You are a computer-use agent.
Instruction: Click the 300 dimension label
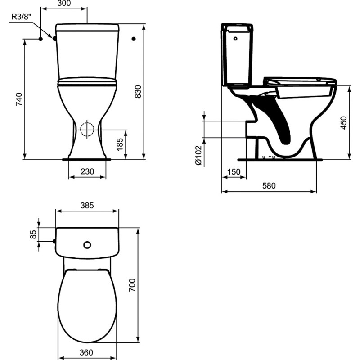click(x=64, y=4)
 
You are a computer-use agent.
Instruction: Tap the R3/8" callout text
click(x=21, y=17)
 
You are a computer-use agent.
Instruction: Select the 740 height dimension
click(x=19, y=99)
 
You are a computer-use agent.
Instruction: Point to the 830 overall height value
click(x=138, y=92)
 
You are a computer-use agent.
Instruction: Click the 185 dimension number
click(x=120, y=144)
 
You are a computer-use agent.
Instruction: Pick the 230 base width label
click(x=87, y=171)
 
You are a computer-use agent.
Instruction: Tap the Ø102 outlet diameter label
click(x=198, y=155)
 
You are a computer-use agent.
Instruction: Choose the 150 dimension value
click(x=234, y=172)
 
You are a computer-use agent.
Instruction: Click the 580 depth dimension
click(x=269, y=185)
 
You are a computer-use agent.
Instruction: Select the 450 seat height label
click(x=343, y=123)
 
